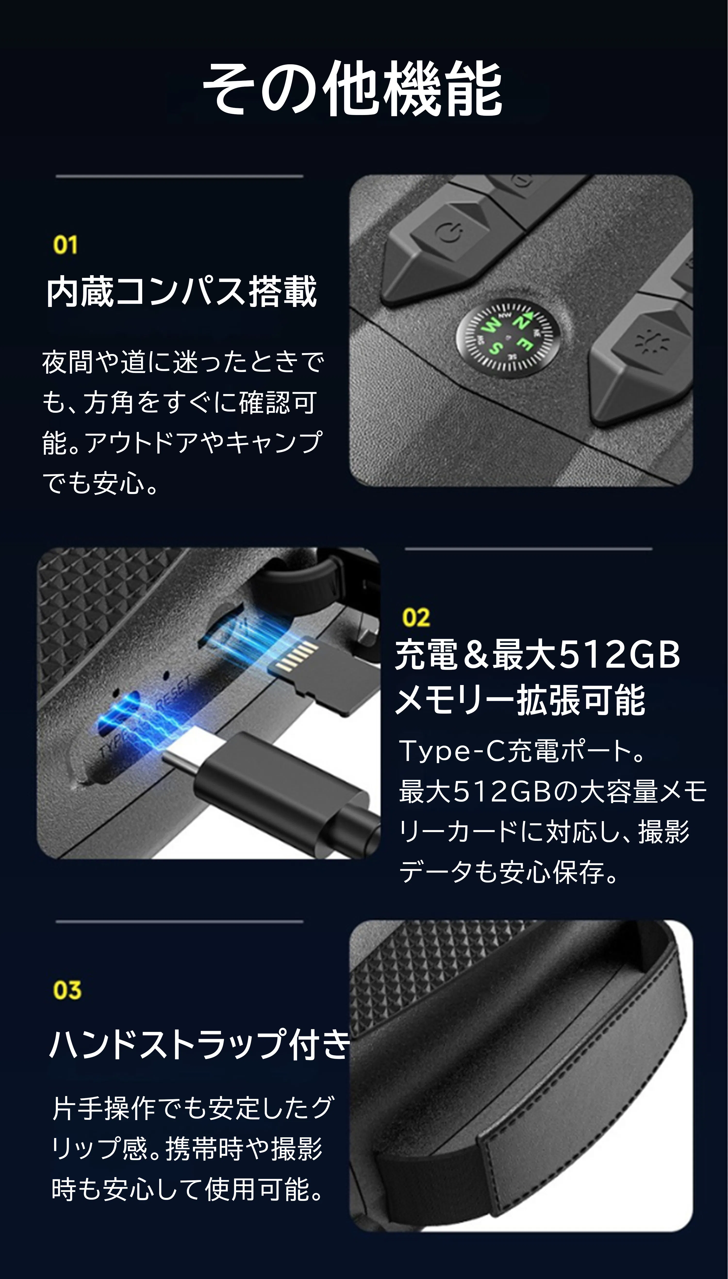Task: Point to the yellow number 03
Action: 67,990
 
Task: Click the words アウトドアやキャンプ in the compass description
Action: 202,443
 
